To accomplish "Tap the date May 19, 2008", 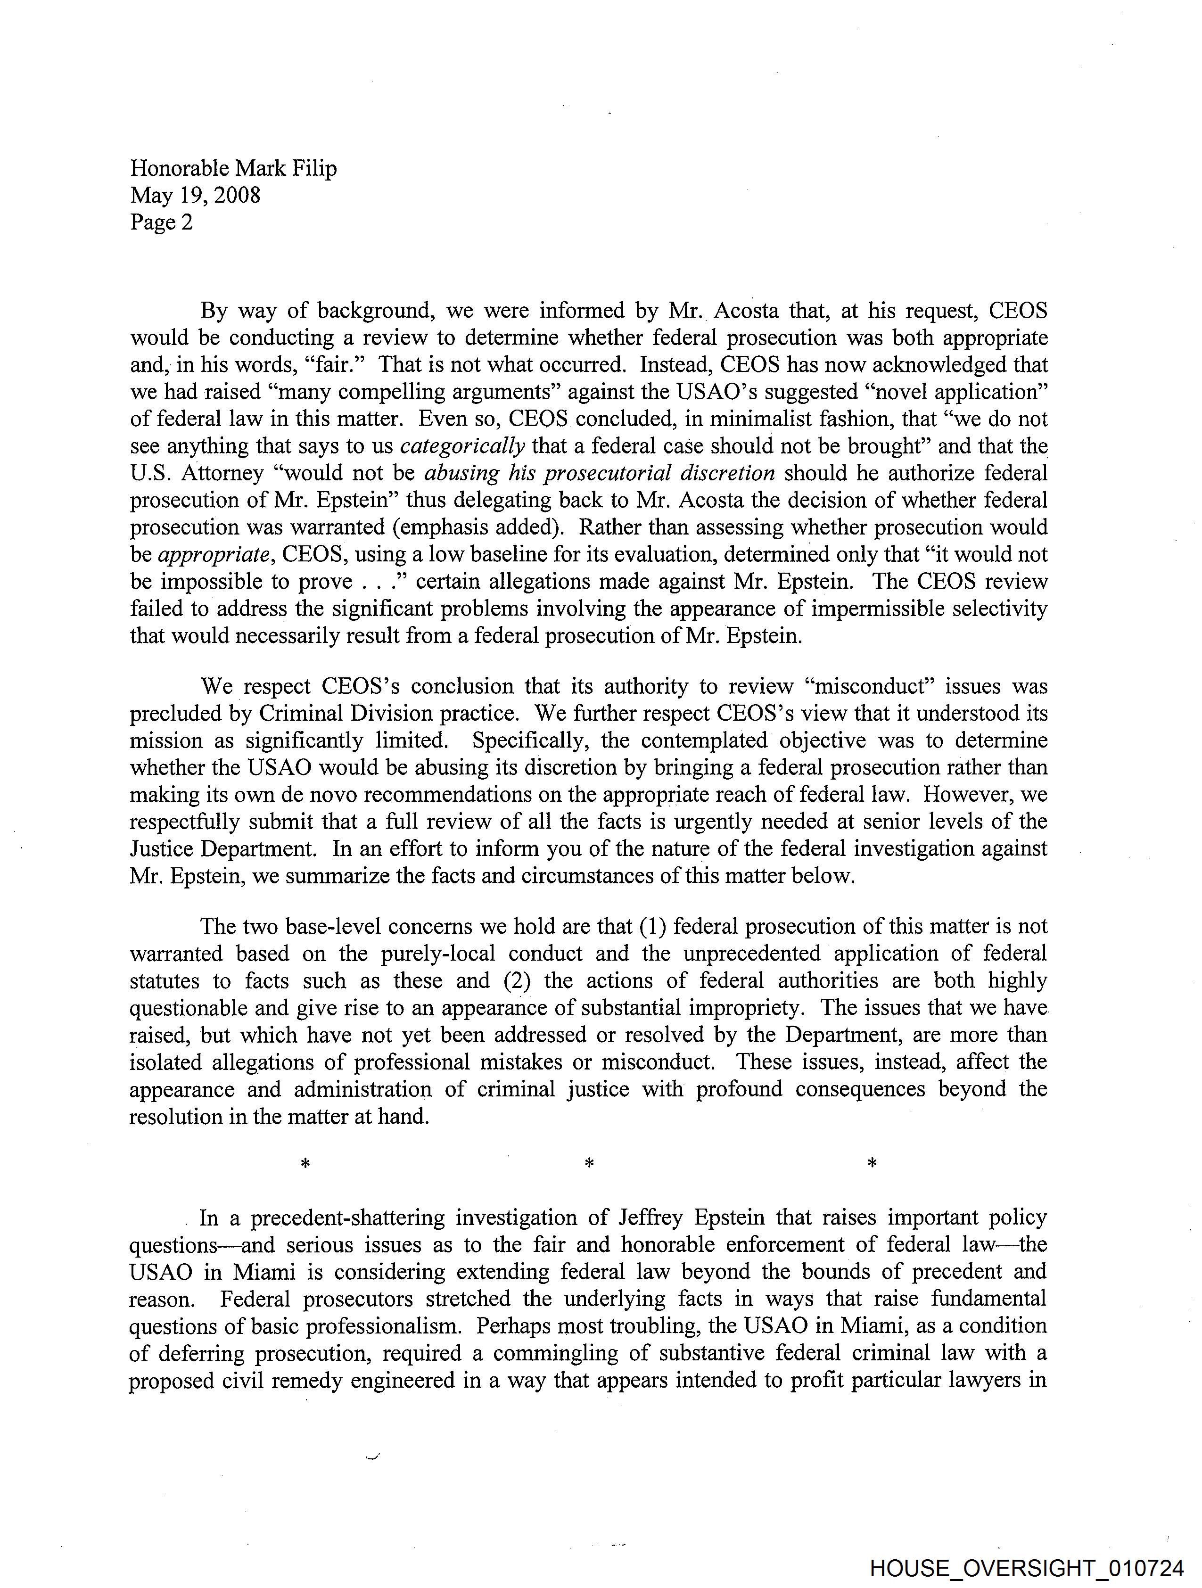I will (195, 195).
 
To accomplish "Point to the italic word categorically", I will (462, 446).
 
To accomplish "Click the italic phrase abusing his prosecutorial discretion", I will (600, 474).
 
